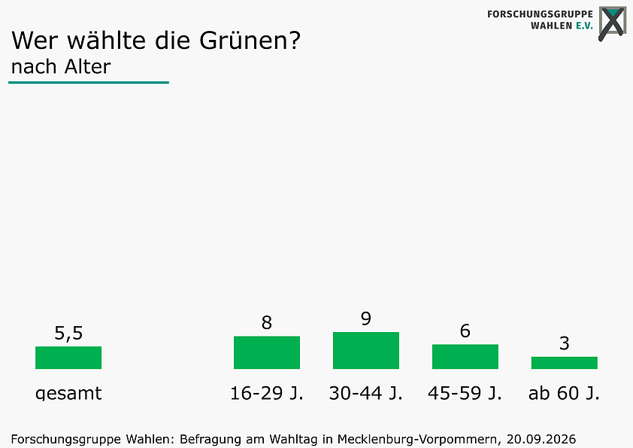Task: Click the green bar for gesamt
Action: click(x=68, y=358)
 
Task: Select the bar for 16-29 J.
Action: click(x=267, y=352)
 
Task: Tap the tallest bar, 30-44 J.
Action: click(x=366, y=350)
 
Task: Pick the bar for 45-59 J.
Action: click(x=465, y=356)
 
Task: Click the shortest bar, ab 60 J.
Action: click(x=565, y=363)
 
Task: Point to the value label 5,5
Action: click(x=68, y=333)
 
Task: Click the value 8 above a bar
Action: click(x=267, y=323)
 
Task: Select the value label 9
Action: click(x=366, y=318)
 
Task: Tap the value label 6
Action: click(x=465, y=331)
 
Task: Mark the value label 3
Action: click(x=565, y=343)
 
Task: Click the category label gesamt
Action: click(x=68, y=393)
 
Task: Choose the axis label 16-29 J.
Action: click(x=267, y=393)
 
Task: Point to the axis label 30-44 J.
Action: click(x=366, y=393)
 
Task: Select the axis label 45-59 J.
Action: click(x=465, y=393)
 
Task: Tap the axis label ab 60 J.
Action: click(x=565, y=393)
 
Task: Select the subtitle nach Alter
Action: click(x=61, y=67)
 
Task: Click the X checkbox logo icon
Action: click(x=613, y=23)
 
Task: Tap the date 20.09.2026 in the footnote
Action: click(x=541, y=439)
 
